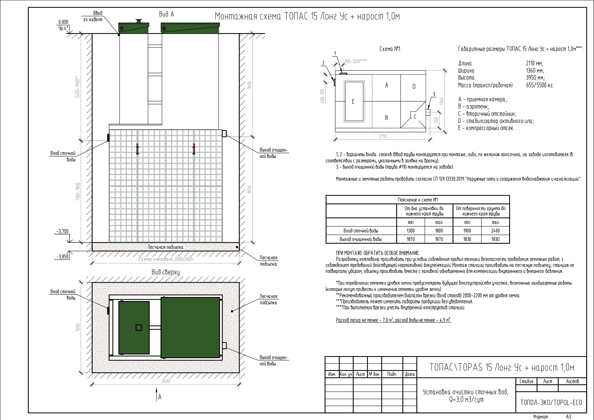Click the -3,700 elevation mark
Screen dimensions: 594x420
click(62, 231)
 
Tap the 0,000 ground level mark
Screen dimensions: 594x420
click(63, 22)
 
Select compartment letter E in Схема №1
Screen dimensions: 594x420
click(353, 102)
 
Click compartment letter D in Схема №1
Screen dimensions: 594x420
click(414, 87)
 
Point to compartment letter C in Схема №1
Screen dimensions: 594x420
click(415, 117)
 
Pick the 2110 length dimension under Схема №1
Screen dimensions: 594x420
click(383, 136)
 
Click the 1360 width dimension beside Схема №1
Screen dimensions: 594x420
click(442, 101)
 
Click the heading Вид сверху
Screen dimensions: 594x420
click(166, 272)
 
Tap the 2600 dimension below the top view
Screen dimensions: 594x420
click(166, 381)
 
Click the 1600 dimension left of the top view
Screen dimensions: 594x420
click(78, 327)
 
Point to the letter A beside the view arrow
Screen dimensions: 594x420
click(160, 397)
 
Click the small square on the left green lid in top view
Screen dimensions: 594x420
click(139, 328)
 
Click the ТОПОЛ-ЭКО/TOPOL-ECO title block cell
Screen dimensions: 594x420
click(551, 403)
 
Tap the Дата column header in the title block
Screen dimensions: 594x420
click(410, 374)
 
